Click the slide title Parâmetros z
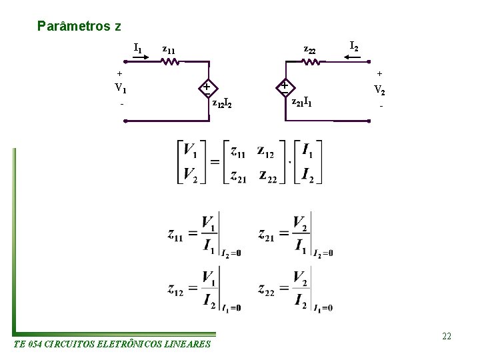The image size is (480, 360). (x=79, y=27)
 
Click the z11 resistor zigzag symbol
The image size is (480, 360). (x=171, y=63)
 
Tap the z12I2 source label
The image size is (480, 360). (x=221, y=104)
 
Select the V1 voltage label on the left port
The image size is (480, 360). (x=121, y=87)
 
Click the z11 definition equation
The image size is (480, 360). (x=204, y=234)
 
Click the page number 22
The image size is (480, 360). (x=446, y=336)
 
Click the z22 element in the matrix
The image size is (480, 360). (x=269, y=175)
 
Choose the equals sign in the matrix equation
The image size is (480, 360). (x=215, y=163)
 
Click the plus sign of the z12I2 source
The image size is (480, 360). (x=207, y=87)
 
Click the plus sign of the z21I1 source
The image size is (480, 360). (x=285, y=86)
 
